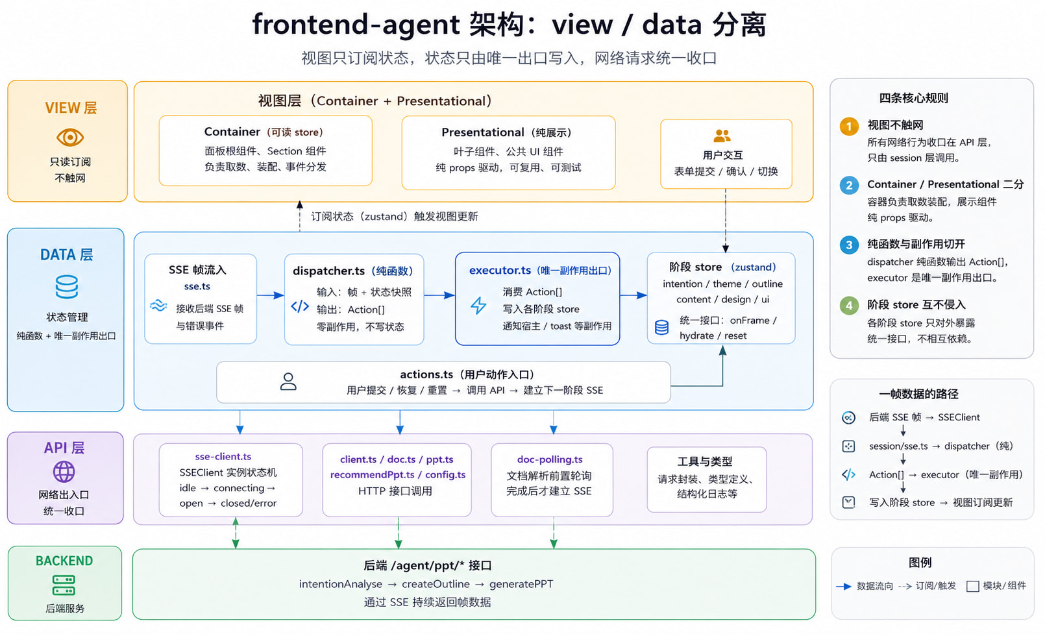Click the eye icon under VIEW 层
70,137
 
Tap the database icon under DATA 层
67,287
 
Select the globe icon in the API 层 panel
64,472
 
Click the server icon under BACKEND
64,585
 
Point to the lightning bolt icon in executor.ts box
478,306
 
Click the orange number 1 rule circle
849,127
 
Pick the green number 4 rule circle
849,306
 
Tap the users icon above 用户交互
722,136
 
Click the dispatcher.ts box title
352,271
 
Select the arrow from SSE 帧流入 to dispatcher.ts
271,295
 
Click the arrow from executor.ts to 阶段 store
633,295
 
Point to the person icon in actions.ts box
288,381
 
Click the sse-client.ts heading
223,456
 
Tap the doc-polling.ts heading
550,459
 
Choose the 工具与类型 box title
705,461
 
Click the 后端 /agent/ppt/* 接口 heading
428,565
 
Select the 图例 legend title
920,563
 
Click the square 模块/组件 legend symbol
973,587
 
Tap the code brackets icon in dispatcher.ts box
300,306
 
